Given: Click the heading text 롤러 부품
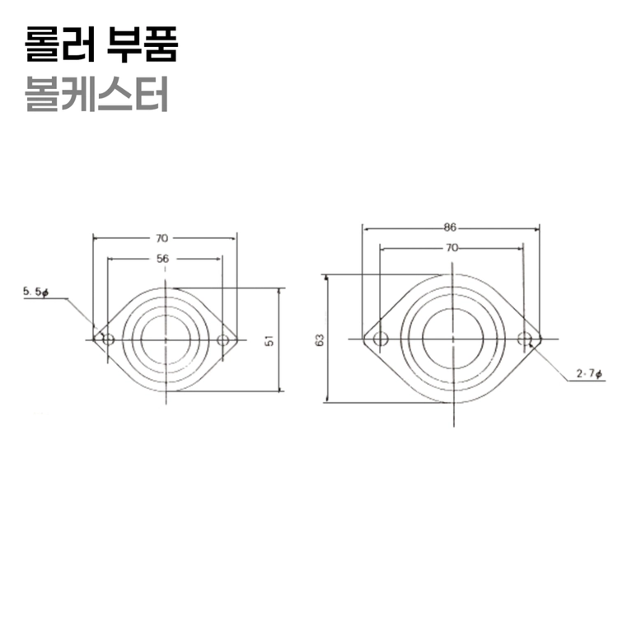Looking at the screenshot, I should (x=101, y=44).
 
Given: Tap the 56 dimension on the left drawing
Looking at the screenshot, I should (x=163, y=258).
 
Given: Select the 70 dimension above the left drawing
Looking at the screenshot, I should (x=163, y=238).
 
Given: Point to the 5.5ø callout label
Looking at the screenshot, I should (x=36, y=292).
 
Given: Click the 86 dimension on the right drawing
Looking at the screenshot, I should (x=450, y=226).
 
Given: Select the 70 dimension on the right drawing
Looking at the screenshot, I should (x=451, y=246).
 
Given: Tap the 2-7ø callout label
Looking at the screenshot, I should (x=590, y=374).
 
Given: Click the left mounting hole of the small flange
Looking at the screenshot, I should (x=108, y=339).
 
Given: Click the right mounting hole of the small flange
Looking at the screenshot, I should (x=222, y=339).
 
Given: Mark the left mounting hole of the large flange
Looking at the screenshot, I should (x=380, y=339).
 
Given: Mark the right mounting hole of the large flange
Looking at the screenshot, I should (x=524, y=339).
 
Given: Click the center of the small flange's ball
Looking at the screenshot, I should (x=166, y=339).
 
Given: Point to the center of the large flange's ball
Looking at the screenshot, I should (x=452, y=339).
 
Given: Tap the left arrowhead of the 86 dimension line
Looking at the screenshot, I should (x=365, y=226).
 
